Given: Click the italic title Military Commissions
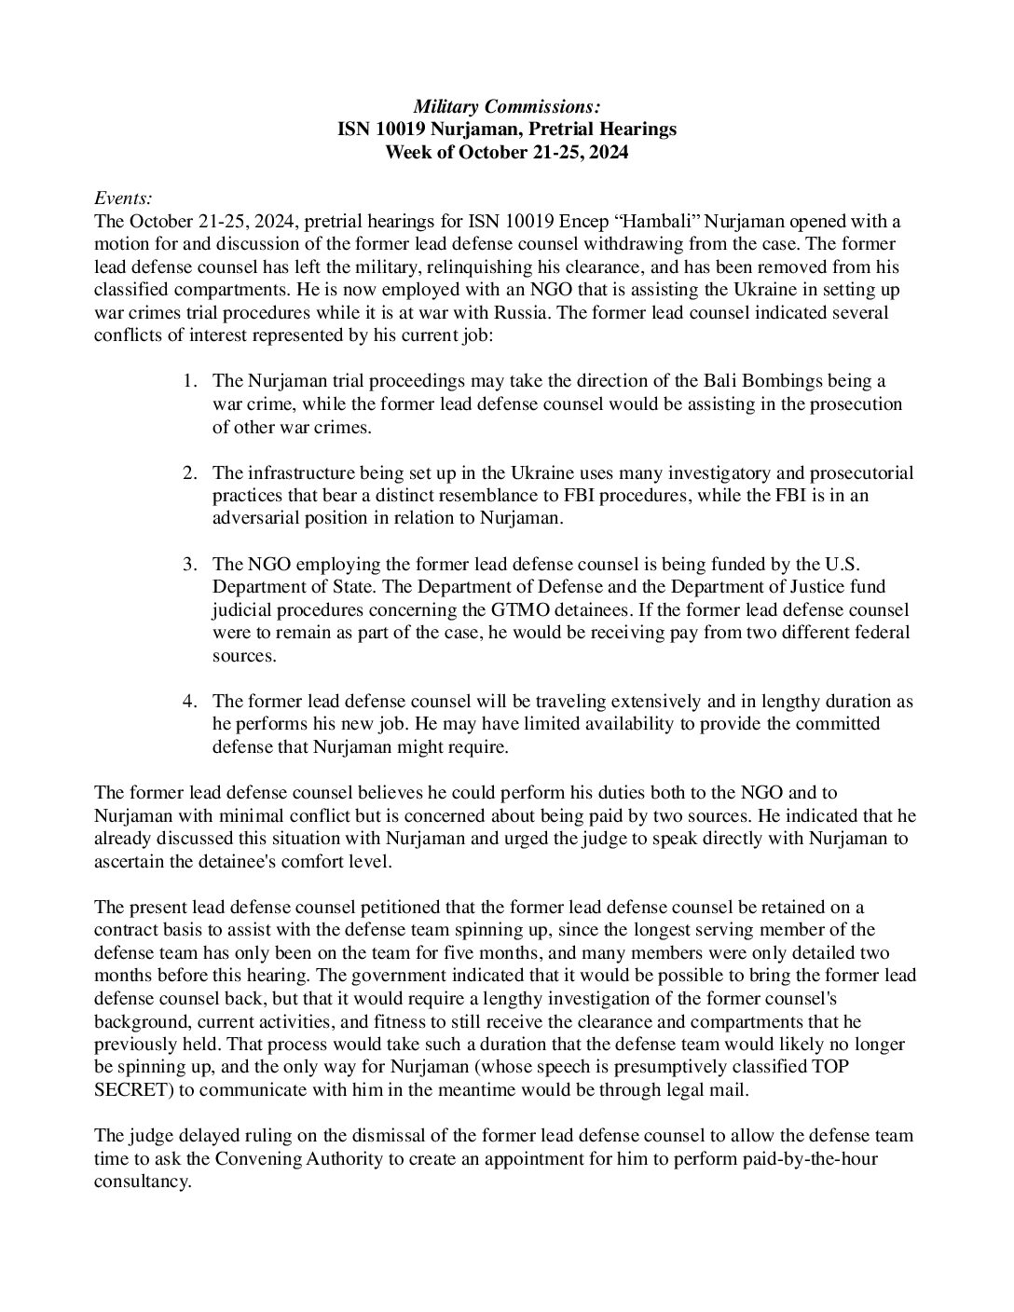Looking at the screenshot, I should pos(507,108).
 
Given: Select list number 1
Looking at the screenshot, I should pos(189,381).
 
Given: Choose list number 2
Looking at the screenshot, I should pos(189,472).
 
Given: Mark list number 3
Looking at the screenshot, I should pos(189,564).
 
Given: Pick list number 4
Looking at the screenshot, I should pos(189,701).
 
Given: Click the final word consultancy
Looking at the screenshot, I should pos(142,1181).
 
